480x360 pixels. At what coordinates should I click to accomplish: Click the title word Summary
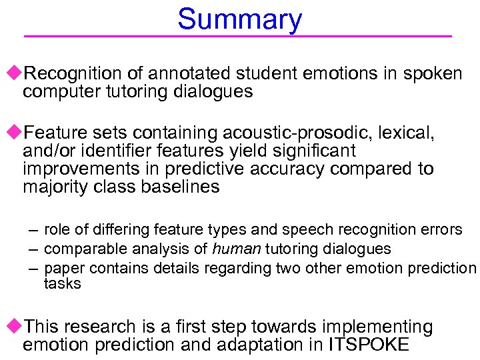pyautogui.click(x=239, y=19)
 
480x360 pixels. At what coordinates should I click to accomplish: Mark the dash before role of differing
pyautogui.click(x=33, y=230)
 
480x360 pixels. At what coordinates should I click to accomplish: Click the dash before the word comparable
pyautogui.click(x=33, y=249)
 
